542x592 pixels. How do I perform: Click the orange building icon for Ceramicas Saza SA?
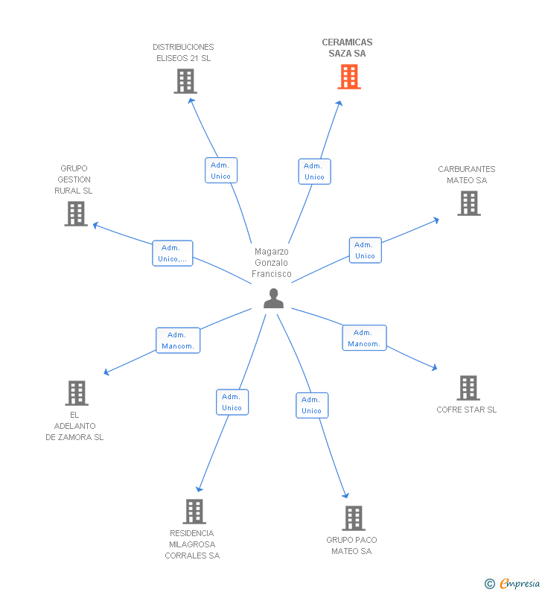pos(349,77)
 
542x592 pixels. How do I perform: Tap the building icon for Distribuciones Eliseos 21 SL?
pos(185,81)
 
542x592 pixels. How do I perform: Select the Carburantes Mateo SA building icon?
pos(468,203)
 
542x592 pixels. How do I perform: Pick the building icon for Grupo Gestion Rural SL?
pos(75,214)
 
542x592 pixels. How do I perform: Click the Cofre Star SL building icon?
pos(468,388)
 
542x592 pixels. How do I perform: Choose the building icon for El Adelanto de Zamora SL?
pos(76,393)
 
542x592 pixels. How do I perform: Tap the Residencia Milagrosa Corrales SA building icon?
pos(194,512)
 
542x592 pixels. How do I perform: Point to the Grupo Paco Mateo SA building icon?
pos(353,518)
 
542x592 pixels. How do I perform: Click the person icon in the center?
pos(273,299)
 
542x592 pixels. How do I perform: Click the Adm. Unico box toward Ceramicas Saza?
pos(314,171)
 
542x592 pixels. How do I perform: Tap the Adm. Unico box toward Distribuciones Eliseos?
pos(220,171)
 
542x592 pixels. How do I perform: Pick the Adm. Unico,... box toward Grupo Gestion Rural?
pos(172,253)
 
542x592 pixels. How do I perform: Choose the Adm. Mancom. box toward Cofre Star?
pos(364,338)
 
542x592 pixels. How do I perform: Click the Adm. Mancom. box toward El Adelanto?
pos(178,340)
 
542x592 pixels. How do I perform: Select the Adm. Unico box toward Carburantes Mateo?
pos(365,250)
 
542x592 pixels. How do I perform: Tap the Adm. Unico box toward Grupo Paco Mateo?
pos(311,405)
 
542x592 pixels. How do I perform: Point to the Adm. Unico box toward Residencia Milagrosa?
pos(232,402)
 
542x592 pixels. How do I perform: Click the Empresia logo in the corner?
pos(511,583)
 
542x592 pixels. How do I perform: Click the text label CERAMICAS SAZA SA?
pos(347,48)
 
